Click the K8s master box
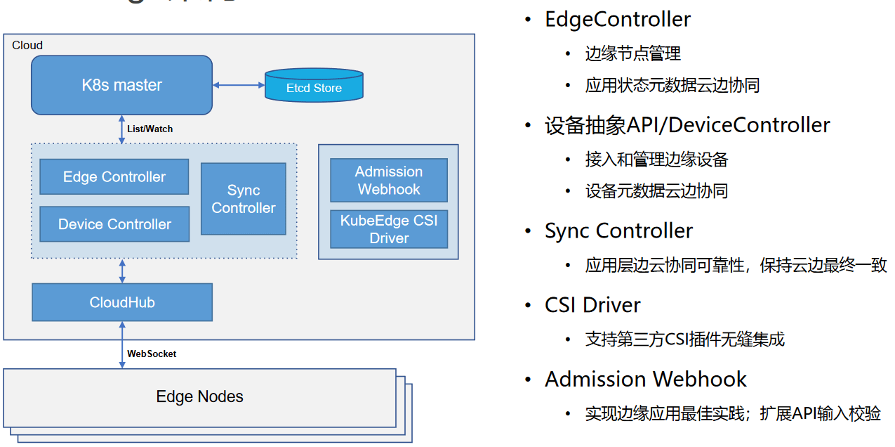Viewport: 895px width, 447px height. pyautogui.click(x=121, y=85)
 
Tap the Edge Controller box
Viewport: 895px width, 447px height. pyautogui.click(x=114, y=176)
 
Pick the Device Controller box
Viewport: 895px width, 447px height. pyautogui.click(x=114, y=224)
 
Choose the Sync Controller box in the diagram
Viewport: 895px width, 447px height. pyautogui.click(x=244, y=199)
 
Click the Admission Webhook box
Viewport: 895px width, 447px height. pyautogui.click(x=389, y=180)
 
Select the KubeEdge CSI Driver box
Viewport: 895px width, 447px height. pyautogui.click(x=389, y=229)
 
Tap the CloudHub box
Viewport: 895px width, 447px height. pyautogui.click(x=122, y=302)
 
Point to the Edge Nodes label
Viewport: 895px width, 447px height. pyautogui.click(x=199, y=396)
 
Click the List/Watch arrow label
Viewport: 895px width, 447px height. pyautogui.click(x=150, y=129)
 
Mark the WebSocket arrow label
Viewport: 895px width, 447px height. pyautogui.click(x=152, y=354)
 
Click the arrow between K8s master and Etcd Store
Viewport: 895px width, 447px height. pyautogui.click(x=238, y=85)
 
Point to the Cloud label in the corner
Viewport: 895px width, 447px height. pyautogui.click(x=27, y=45)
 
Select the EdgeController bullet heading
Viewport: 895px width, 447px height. pyautogui.click(x=618, y=19)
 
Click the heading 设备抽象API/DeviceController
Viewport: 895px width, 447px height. pyautogui.click(x=687, y=125)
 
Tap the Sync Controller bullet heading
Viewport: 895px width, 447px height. pyautogui.click(x=618, y=231)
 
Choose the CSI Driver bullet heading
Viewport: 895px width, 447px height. pyautogui.click(x=592, y=305)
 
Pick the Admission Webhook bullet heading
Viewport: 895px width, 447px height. pyautogui.click(x=645, y=380)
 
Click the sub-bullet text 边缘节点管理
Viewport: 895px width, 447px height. pyautogui.click(x=632, y=53)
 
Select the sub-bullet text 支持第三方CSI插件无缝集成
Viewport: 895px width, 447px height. pyautogui.click(x=684, y=339)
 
